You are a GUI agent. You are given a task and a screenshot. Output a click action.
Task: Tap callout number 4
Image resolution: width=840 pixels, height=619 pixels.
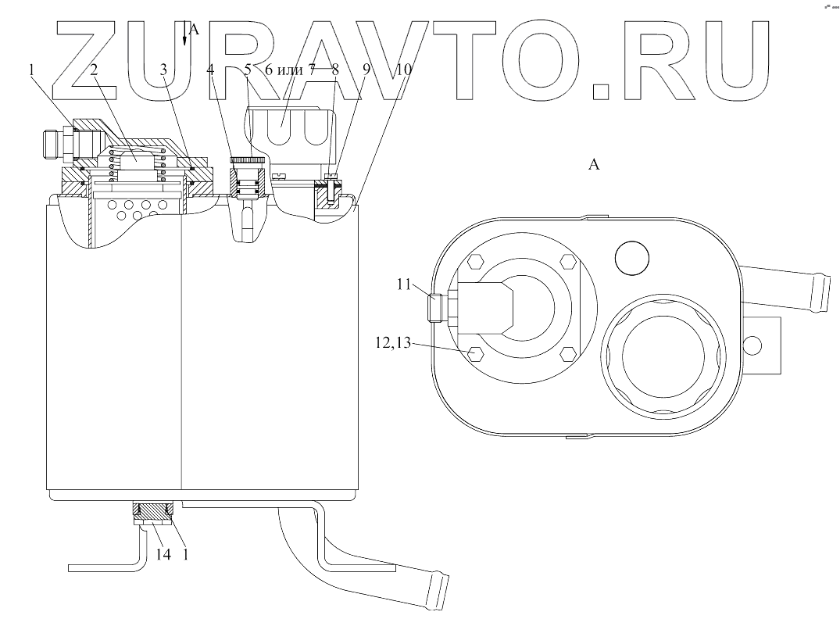[209, 70]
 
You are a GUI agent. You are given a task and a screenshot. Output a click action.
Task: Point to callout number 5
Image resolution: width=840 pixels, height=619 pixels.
[247, 70]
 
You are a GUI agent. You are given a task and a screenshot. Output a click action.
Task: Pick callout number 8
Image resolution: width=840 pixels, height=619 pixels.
[335, 70]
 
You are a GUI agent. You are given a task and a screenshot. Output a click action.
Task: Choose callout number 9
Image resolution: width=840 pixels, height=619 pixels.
[367, 70]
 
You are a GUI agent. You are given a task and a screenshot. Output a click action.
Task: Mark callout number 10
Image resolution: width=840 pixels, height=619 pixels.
[403, 70]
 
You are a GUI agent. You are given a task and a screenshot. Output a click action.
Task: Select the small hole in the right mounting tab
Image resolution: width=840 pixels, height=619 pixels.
[754, 343]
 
